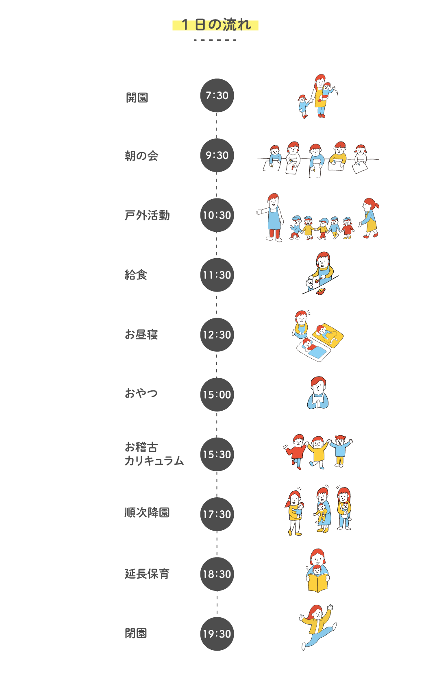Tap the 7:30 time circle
pos(217,96)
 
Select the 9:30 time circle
pos(217,155)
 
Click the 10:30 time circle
pos(217,215)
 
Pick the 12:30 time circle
pos(217,335)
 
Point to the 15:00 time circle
pos(217,394)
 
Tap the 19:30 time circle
pos(217,634)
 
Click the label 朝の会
pos(141,156)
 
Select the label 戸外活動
pos(147,216)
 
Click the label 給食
pos(136,275)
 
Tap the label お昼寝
pos(141,334)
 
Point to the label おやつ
pos(141,393)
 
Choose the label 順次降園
pos(147,512)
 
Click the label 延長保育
pos(147,574)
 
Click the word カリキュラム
pos(154,461)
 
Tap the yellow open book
pos(318,583)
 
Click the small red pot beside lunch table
pos(321,291)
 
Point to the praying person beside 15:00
pos(318,393)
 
